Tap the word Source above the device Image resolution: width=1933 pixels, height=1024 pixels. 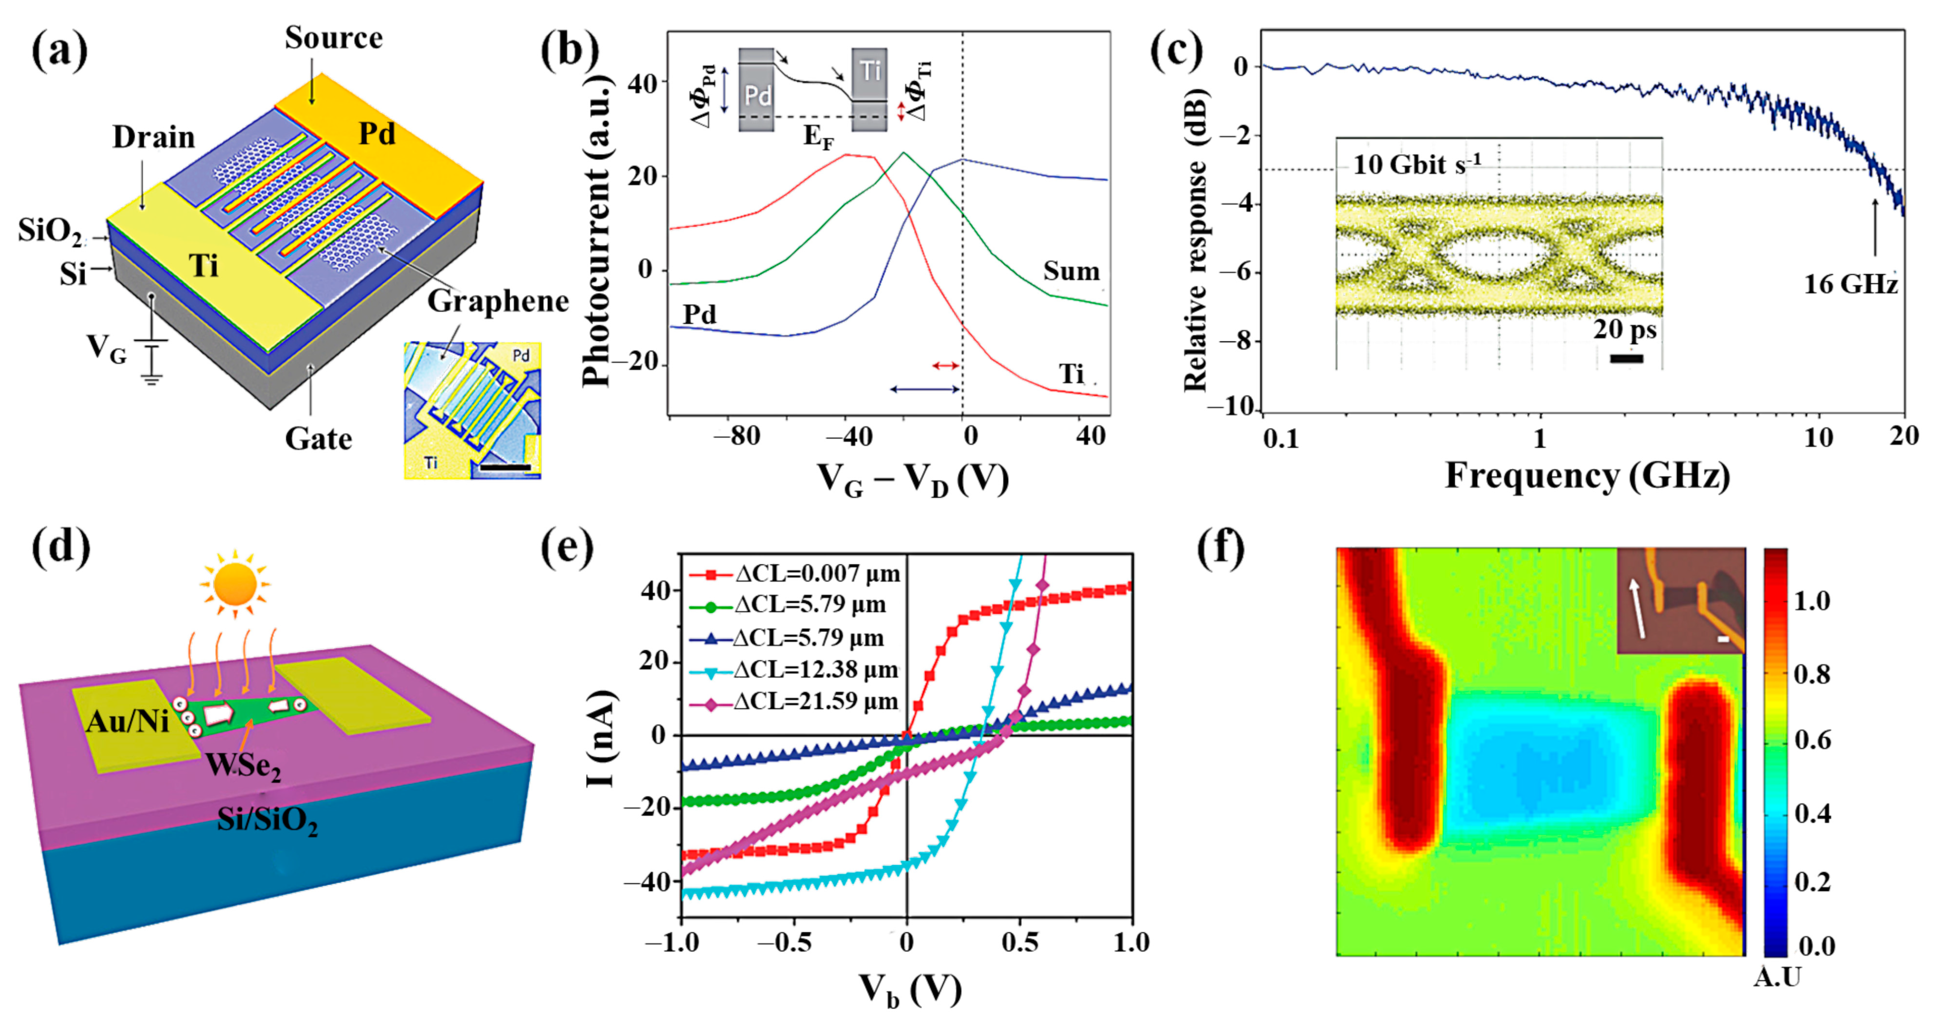[333, 37]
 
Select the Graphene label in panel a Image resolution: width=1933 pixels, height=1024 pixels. [498, 301]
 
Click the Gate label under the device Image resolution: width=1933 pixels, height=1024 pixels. [318, 439]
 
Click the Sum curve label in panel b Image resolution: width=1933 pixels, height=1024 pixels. [1071, 271]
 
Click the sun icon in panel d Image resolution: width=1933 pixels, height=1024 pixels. [235, 584]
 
